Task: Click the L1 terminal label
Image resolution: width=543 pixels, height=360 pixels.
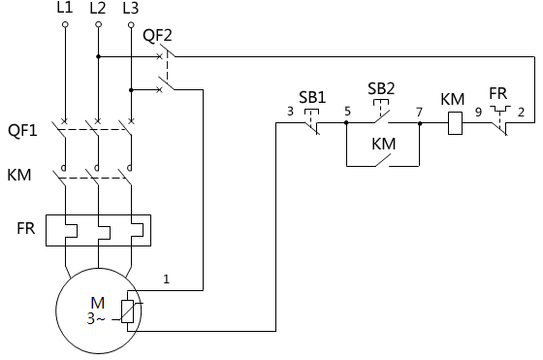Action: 65,9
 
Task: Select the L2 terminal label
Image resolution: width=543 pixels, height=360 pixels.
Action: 98,9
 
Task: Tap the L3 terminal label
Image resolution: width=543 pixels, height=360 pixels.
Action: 131,9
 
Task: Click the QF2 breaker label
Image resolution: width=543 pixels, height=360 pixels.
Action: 157,36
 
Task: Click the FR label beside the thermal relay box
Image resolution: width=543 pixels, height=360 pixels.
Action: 26,230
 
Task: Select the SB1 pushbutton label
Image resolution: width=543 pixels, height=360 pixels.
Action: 311,98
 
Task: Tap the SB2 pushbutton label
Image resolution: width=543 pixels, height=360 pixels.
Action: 382,89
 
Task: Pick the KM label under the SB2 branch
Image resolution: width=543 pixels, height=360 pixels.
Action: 384,145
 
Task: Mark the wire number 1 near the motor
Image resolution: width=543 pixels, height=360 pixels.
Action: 166,279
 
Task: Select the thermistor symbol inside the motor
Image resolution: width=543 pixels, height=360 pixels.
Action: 127,311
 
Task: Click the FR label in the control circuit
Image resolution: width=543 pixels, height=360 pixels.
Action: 497,94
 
